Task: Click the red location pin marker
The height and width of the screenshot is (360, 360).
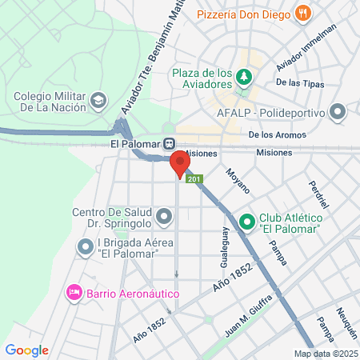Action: click(x=179, y=164)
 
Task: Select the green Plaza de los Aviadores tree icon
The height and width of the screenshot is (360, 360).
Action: click(x=244, y=78)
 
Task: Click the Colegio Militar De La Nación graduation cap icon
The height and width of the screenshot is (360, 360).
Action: click(x=98, y=101)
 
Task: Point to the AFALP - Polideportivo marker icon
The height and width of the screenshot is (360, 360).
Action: click(x=338, y=111)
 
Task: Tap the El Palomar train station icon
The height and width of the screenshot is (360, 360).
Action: click(x=170, y=144)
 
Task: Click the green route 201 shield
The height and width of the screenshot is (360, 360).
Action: click(x=194, y=180)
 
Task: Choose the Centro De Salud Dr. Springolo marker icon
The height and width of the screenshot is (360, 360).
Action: click(x=164, y=216)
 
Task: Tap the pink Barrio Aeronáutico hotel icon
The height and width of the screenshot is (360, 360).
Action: click(x=74, y=293)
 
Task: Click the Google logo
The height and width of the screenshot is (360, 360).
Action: click(x=27, y=350)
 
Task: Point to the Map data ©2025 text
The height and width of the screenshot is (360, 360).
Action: click(x=326, y=354)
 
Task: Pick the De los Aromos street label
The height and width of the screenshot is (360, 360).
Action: click(x=277, y=135)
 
